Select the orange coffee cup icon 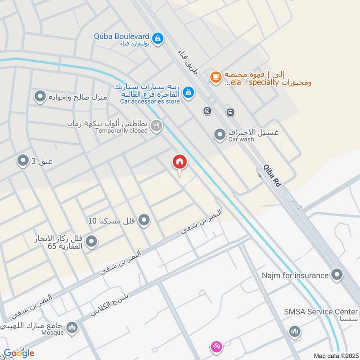pos(216,77)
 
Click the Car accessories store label pos(150,101)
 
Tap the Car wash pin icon pos(219,135)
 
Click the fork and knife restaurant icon pos(156,126)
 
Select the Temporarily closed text pos(121,130)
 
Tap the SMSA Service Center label pos(321,312)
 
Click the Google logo pos(18,353)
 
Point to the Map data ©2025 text pos(335,356)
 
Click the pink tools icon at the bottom pos(216,347)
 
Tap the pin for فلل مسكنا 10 pos(144,220)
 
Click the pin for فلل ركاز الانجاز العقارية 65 pos(91,242)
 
